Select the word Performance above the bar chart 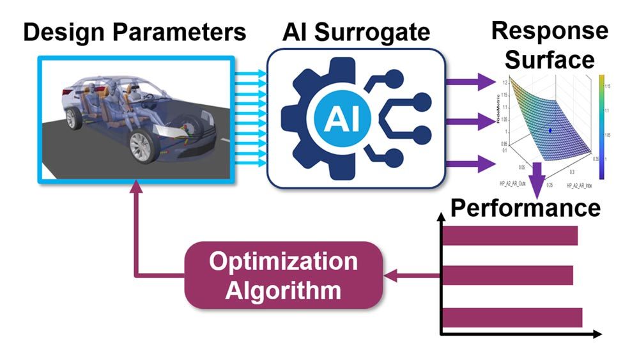(526, 208)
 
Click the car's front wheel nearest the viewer (144, 146)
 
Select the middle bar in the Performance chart (507, 276)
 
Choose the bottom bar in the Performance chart (512, 318)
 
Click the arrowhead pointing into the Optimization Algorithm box (390, 276)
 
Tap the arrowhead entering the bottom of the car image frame (137, 187)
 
